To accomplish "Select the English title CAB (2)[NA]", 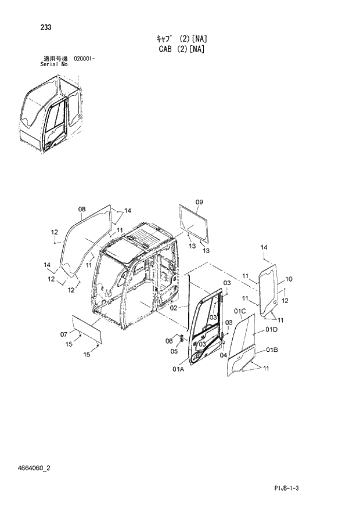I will click(181, 49).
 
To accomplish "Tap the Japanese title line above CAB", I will click(182, 39).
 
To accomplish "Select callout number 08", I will click(81, 209).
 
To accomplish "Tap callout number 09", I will click(199, 202).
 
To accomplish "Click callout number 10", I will click(289, 279).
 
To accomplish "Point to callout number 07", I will click(64, 334).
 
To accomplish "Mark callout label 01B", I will click(272, 349).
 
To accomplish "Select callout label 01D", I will click(271, 330).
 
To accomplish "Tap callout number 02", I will click(173, 308).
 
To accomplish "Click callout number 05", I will click(174, 351).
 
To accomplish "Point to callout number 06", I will click(169, 340).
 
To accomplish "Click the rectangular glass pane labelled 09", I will click(195, 224).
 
